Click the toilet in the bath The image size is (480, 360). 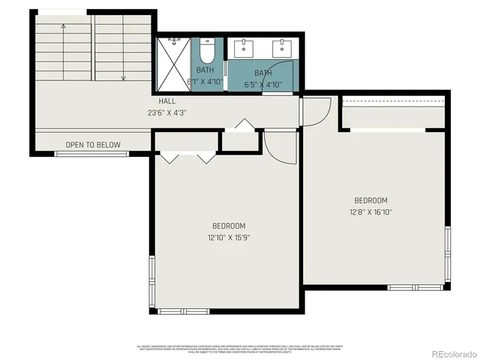pyautogui.click(x=208, y=52)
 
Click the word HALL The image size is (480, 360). pyautogui.click(x=167, y=102)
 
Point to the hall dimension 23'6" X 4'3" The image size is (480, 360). pyautogui.click(x=166, y=113)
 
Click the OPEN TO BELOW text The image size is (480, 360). pyautogui.click(x=93, y=145)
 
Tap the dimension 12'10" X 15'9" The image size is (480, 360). pyautogui.click(x=228, y=238)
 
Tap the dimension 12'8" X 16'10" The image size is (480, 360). pyautogui.click(x=370, y=212)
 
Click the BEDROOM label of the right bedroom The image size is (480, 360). pyautogui.click(x=370, y=200)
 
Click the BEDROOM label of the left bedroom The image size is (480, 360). pyautogui.click(x=228, y=226)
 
